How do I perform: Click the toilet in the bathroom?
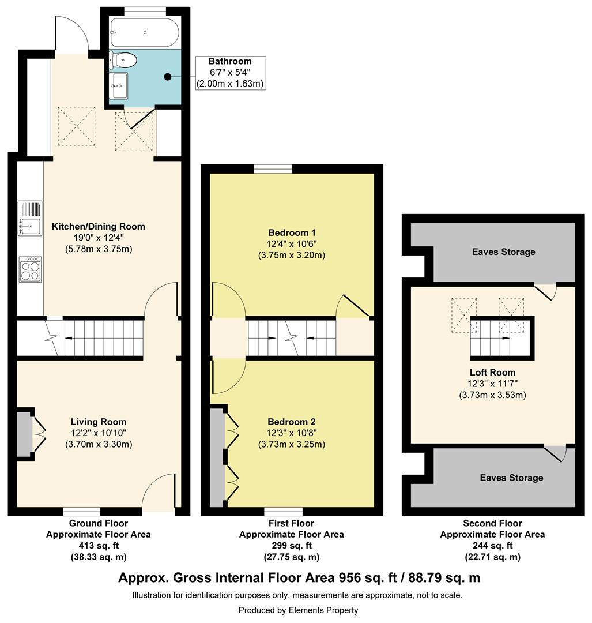[x=123, y=61]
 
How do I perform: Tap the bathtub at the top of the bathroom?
[x=145, y=32]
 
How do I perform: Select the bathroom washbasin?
[x=119, y=85]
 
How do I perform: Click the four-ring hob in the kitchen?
[x=30, y=269]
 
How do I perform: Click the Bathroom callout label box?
[x=231, y=73]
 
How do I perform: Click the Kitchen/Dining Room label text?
[x=99, y=227]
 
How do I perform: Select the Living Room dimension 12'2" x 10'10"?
[x=99, y=433]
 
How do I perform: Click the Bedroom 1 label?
[x=292, y=232]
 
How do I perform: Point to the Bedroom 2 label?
[x=292, y=422]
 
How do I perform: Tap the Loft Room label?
[x=492, y=372]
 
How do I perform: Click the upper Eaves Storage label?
[x=503, y=252]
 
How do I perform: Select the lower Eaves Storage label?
[x=511, y=478]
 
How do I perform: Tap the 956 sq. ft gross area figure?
[x=368, y=577]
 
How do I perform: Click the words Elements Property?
[x=323, y=610]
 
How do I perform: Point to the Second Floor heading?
[x=492, y=523]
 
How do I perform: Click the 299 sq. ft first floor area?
[x=292, y=546]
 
